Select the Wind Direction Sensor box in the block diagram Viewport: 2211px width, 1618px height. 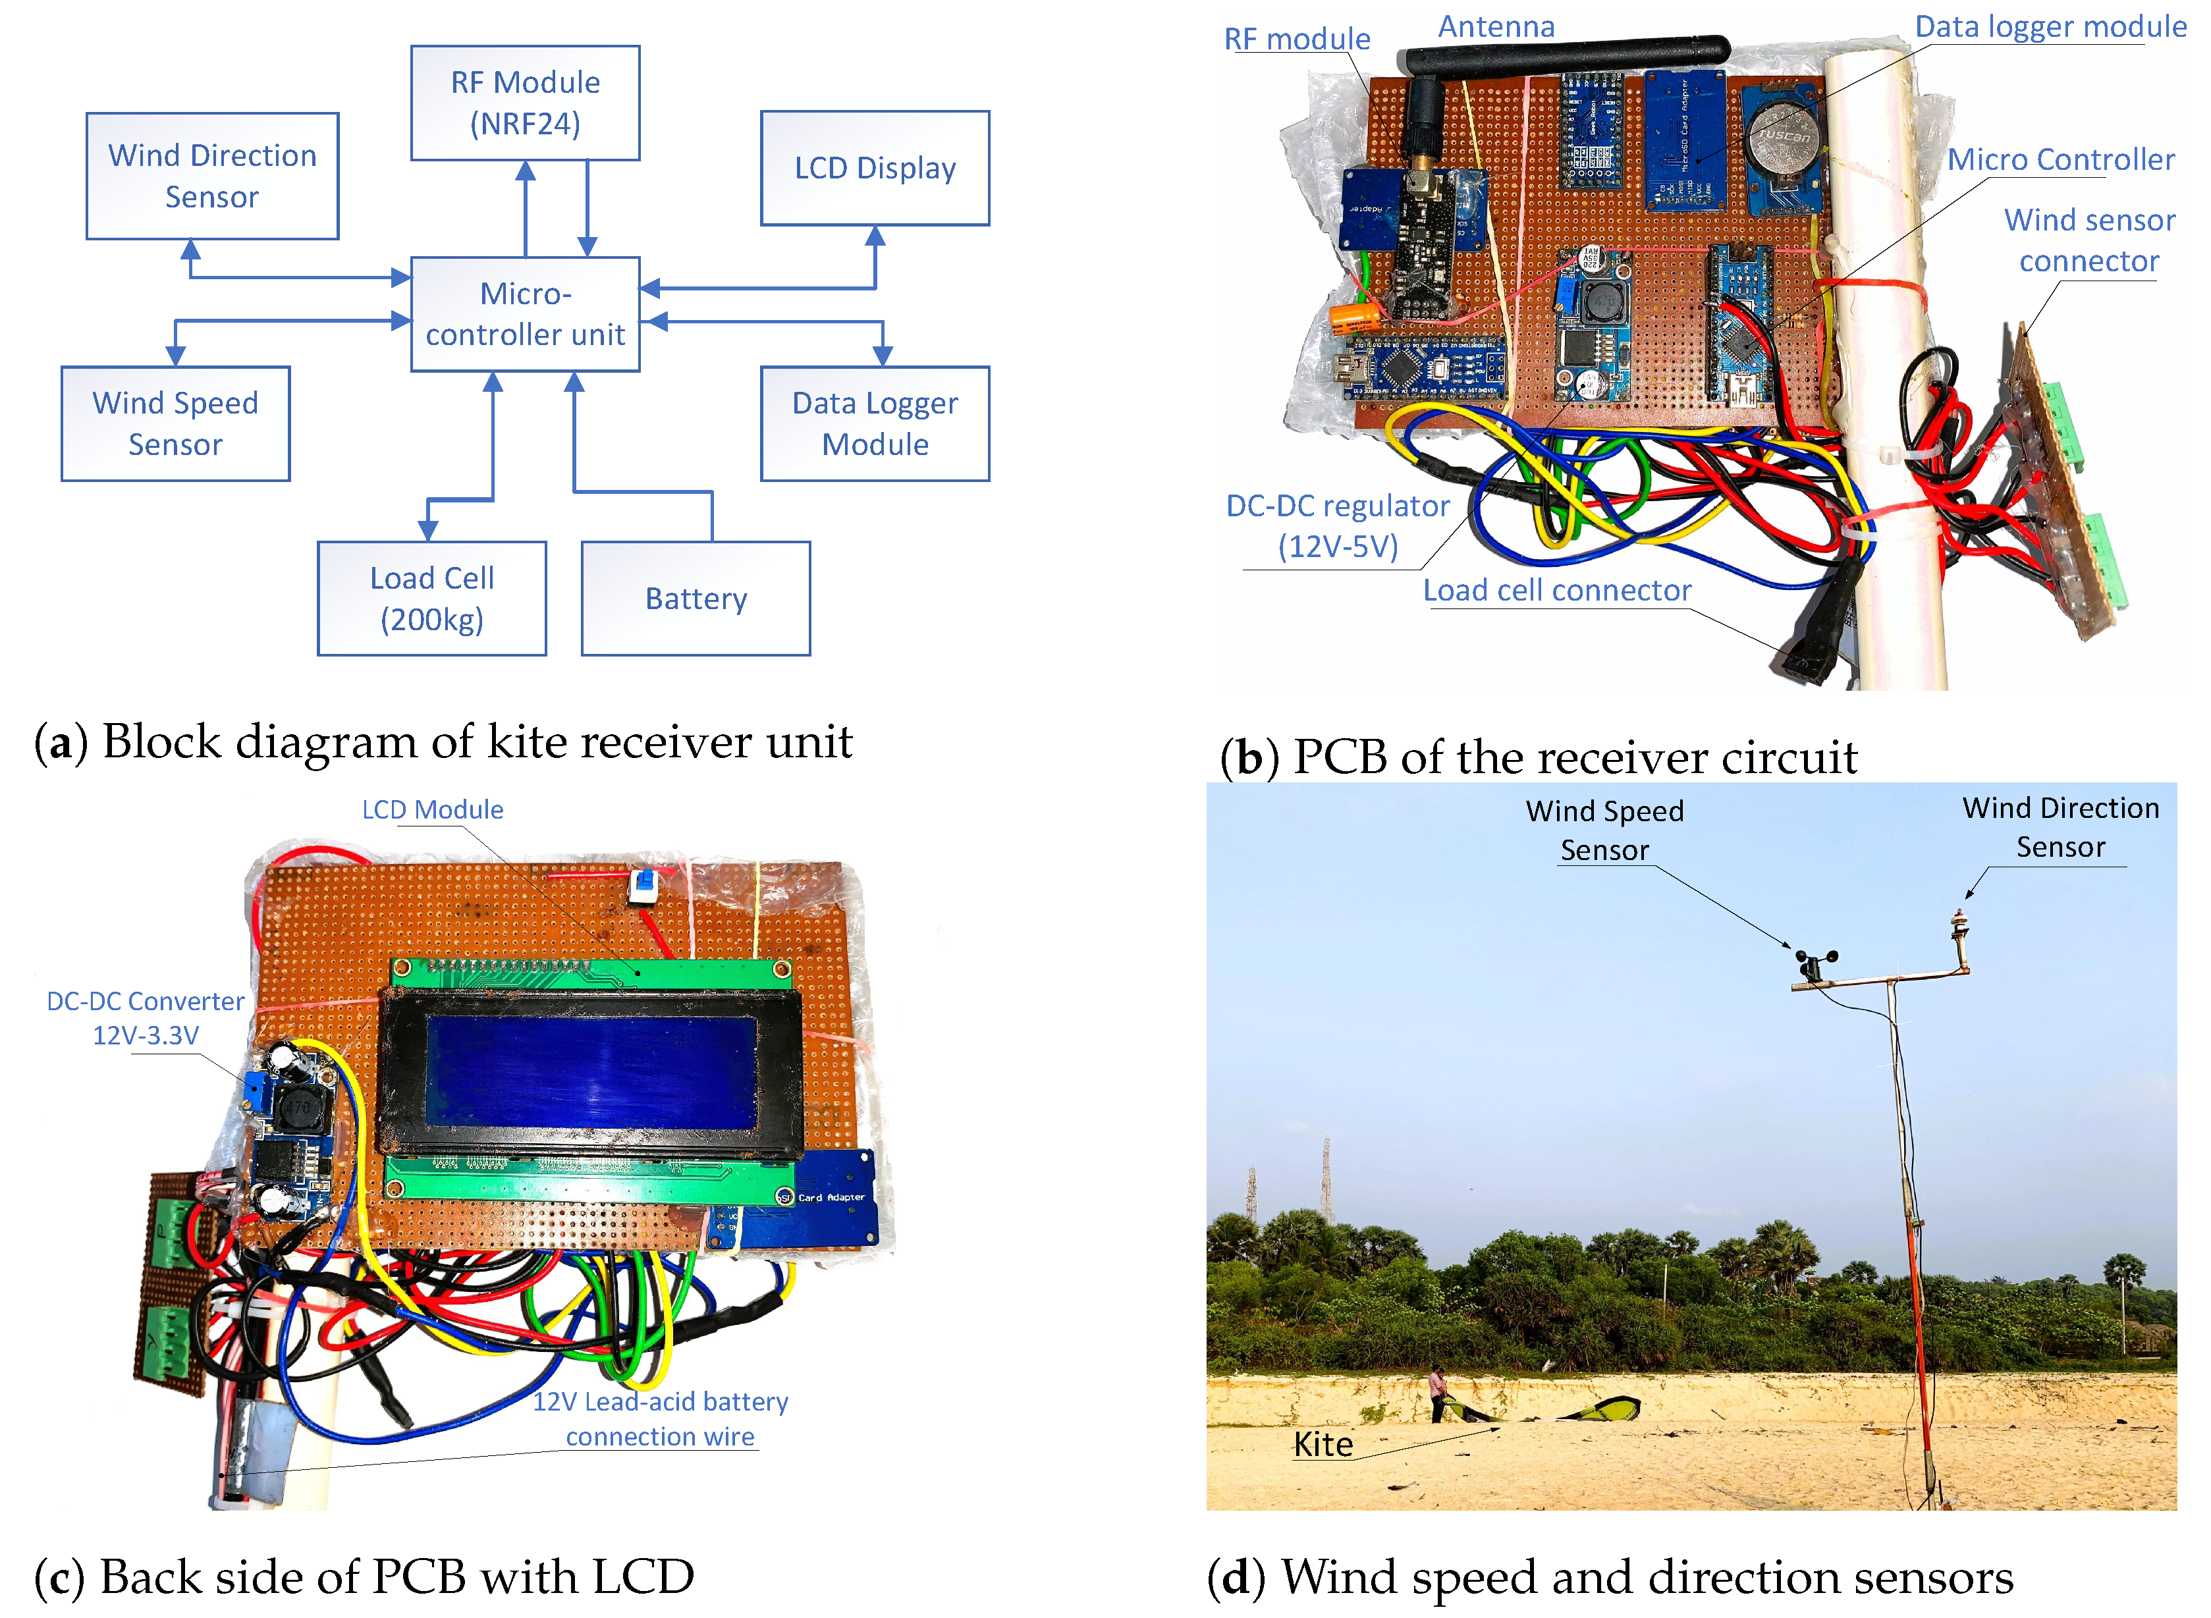click(213, 176)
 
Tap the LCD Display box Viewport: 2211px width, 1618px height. click(875, 169)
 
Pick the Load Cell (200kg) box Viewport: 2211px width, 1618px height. click(432, 599)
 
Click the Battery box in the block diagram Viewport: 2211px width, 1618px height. click(696, 599)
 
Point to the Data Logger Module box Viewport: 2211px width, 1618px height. click(875, 424)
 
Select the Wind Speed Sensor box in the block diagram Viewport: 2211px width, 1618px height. click(175, 424)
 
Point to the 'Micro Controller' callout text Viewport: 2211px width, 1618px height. click(2060, 159)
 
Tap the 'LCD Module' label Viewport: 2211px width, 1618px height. click(432, 810)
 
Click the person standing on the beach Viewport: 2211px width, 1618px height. click(1437, 1391)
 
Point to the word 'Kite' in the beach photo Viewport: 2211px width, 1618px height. click(1323, 1445)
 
